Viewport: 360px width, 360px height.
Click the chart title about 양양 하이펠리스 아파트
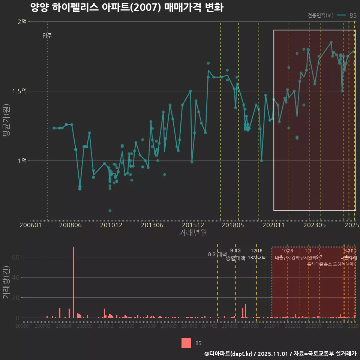pyautogui.click(x=127, y=7)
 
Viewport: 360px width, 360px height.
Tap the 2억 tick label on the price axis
pyautogui.click(x=22, y=22)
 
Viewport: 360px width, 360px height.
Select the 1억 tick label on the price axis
pyautogui.click(x=22, y=161)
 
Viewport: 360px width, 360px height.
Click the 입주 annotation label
pyautogui.click(x=47, y=36)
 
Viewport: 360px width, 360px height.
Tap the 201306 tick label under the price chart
pyautogui.click(x=151, y=225)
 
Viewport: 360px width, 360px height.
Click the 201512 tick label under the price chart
pyautogui.click(x=192, y=225)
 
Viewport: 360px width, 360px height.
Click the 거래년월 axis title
pyautogui.click(x=193, y=233)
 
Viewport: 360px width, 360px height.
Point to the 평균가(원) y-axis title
pyautogui.click(x=6, y=122)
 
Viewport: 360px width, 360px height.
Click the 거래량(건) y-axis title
pyautogui.click(x=6, y=282)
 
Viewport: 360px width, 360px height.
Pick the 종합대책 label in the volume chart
pyautogui.click(x=235, y=258)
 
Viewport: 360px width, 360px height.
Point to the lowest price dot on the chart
pyautogui.click(x=110, y=211)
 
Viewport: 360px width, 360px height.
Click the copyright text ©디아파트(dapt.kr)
pyautogui.click(x=229, y=354)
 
